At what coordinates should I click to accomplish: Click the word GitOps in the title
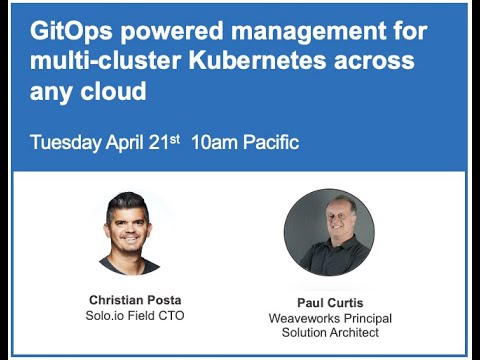tap(68, 30)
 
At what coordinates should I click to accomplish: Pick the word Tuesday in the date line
tap(67, 141)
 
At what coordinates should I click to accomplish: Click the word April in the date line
tap(126, 141)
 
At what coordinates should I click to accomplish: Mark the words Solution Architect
tap(328, 333)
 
